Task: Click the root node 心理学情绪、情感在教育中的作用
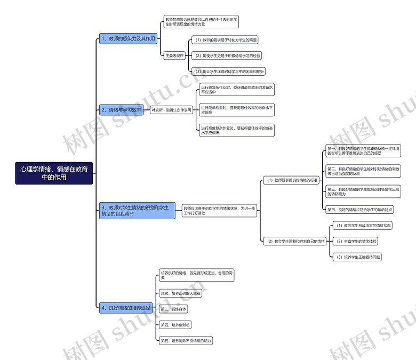(x=54, y=173)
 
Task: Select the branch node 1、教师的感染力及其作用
(x=128, y=39)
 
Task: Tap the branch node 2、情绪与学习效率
(x=122, y=110)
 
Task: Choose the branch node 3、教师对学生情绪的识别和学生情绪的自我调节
(x=137, y=211)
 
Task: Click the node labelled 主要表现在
(x=174, y=55)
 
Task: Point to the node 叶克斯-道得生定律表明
(x=171, y=110)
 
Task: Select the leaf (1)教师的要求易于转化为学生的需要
(x=226, y=40)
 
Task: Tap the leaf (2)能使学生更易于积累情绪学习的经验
(x=228, y=55)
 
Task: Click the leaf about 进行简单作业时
(x=237, y=110)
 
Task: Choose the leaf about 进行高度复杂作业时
(x=237, y=130)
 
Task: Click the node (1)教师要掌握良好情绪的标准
(x=292, y=181)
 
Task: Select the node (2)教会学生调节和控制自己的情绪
(x=296, y=241)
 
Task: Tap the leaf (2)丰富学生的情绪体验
(x=356, y=241)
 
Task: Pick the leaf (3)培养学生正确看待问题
(x=358, y=257)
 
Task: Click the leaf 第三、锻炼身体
(x=174, y=309)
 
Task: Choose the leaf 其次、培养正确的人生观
(x=181, y=293)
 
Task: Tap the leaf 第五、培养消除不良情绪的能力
(x=189, y=340)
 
